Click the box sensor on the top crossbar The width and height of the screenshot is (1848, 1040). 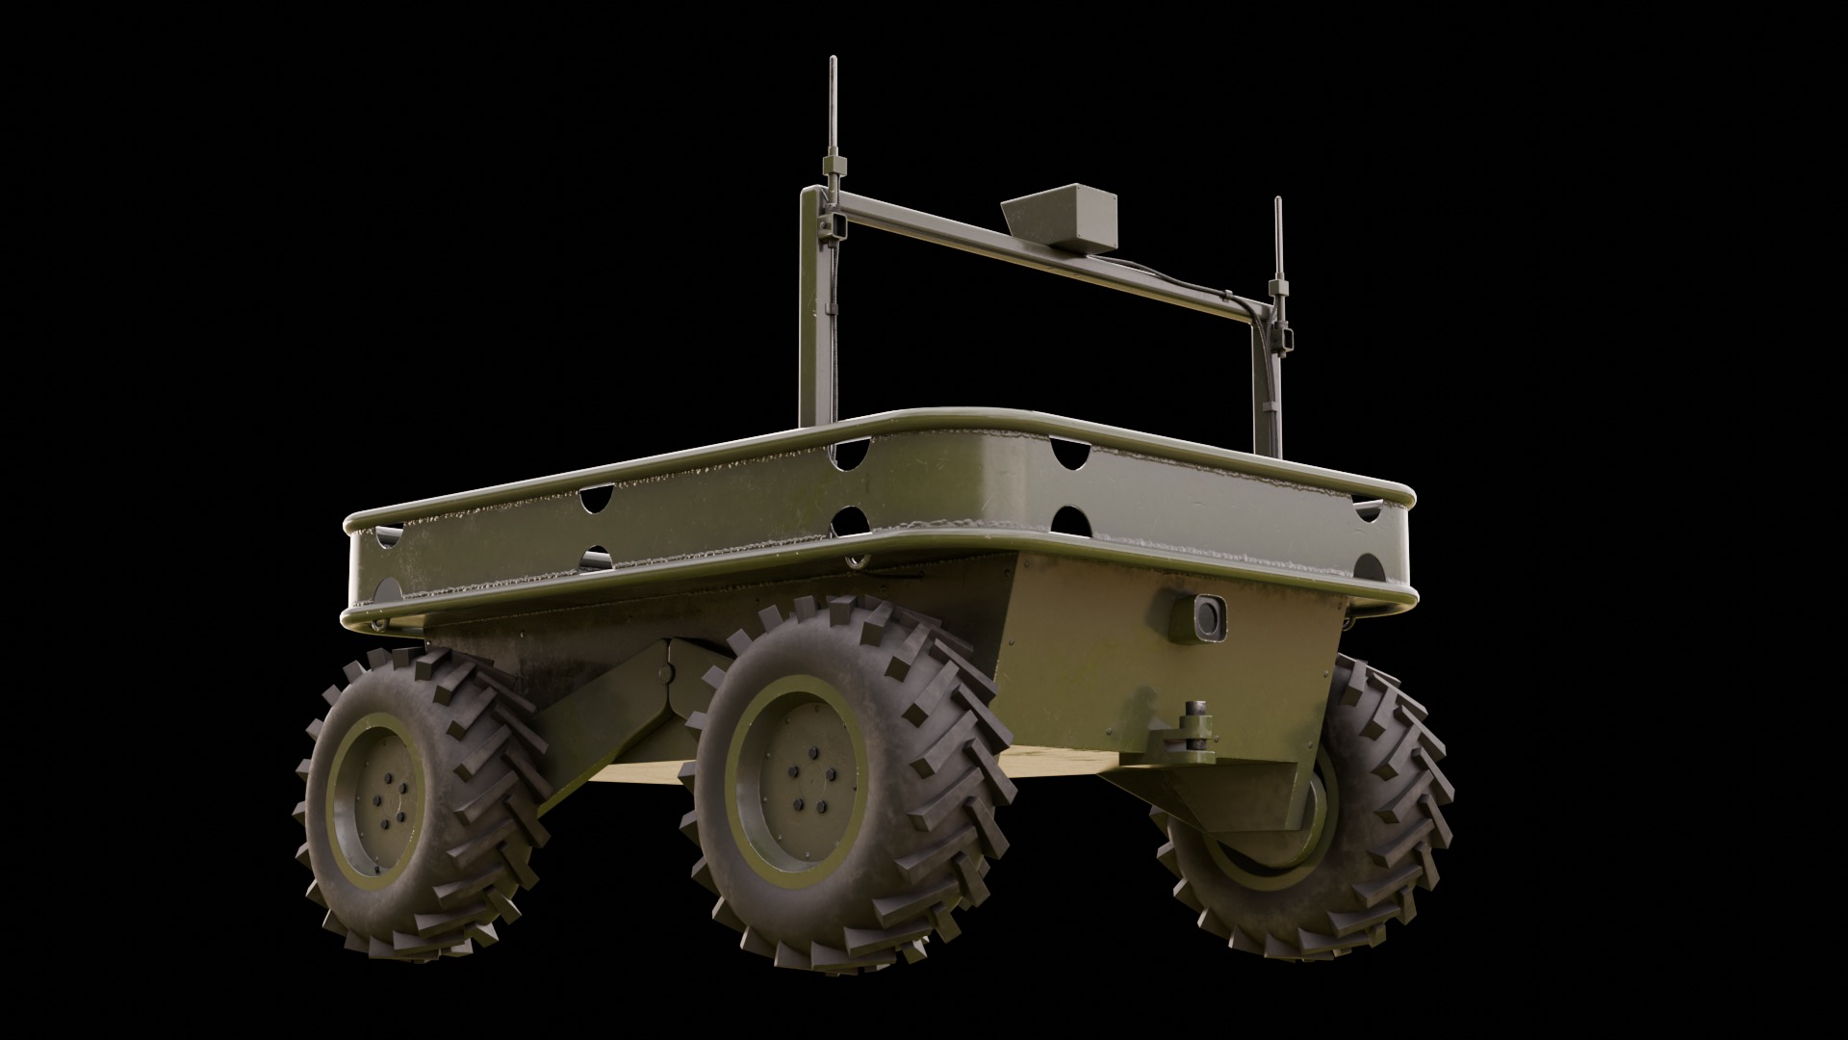point(1063,221)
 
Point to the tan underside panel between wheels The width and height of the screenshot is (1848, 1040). point(1059,766)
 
